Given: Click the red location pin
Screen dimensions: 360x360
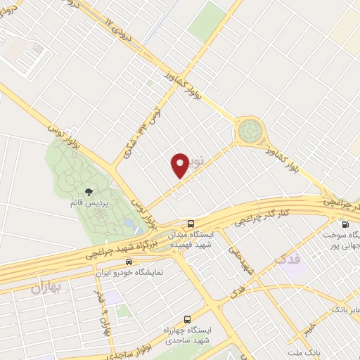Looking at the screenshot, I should [180, 165].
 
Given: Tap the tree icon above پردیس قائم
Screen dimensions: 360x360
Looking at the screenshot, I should [89, 191].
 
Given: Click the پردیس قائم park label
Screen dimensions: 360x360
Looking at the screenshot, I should [89, 202].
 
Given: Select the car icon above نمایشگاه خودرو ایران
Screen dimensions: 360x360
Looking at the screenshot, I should [129, 261].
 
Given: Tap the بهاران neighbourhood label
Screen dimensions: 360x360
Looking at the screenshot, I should [47, 288].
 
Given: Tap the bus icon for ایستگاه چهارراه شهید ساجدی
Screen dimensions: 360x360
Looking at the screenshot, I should [186, 319].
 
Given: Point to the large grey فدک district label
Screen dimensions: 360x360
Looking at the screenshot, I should [284, 261].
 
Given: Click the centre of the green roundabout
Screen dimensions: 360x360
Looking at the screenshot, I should [249, 130].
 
